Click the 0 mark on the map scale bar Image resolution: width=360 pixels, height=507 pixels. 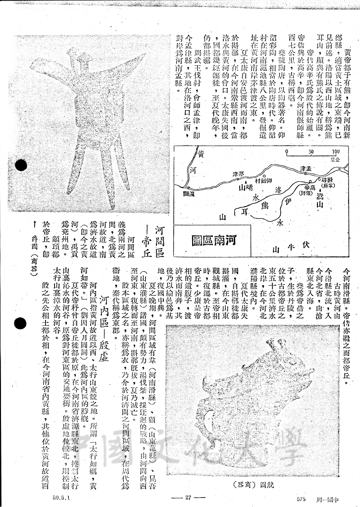click(x=286, y=152)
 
